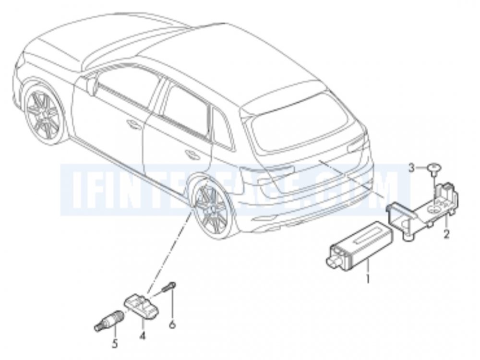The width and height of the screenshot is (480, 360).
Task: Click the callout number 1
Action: coord(368,277)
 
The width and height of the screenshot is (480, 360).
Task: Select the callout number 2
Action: coord(446,234)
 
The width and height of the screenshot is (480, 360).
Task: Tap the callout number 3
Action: coord(411,168)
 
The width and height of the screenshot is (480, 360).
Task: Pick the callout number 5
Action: coord(114,344)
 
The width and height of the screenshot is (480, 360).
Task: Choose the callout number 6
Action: coord(172,324)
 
